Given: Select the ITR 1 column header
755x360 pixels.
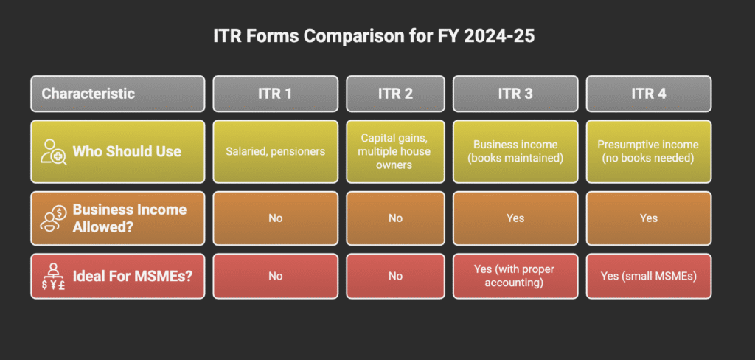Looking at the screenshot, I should pyautogui.click(x=275, y=94).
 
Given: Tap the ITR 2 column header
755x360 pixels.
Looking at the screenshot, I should pyautogui.click(x=395, y=94).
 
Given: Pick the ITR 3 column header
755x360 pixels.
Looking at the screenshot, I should pyautogui.click(x=515, y=94).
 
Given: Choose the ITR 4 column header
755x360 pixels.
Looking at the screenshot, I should pyautogui.click(x=648, y=94).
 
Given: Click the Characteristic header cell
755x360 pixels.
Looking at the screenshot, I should pyautogui.click(x=117, y=94).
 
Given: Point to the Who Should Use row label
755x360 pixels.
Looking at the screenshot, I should pyautogui.click(x=126, y=152).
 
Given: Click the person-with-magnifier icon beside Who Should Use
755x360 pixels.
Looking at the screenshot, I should pyautogui.click(x=54, y=151).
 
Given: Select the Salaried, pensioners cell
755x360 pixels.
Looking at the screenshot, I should pyautogui.click(x=275, y=151).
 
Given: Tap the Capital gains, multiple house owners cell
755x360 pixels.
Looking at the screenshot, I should pyautogui.click(x=395, y=151).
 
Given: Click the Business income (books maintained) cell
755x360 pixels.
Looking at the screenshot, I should pyautogui.click(x=515, y=151).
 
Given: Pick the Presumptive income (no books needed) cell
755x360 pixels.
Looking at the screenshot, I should pyautogui.click(x=648, y=151).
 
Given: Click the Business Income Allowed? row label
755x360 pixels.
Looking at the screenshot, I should pyautogui.click(x=129, y=218).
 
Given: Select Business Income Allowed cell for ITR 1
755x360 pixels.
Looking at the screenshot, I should pyautogui.click(x=275, y=218).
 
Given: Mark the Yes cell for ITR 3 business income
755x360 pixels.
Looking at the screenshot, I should pyautogui.click(x=515, y=218).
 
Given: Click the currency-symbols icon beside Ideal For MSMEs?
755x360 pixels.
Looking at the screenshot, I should pyautogui.click(x=54, y=276).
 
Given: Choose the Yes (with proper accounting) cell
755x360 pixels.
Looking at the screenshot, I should pyautogui.click(x=515, y=276).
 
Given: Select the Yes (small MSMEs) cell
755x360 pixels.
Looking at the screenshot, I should pyautogui.click(x=648, y=276).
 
